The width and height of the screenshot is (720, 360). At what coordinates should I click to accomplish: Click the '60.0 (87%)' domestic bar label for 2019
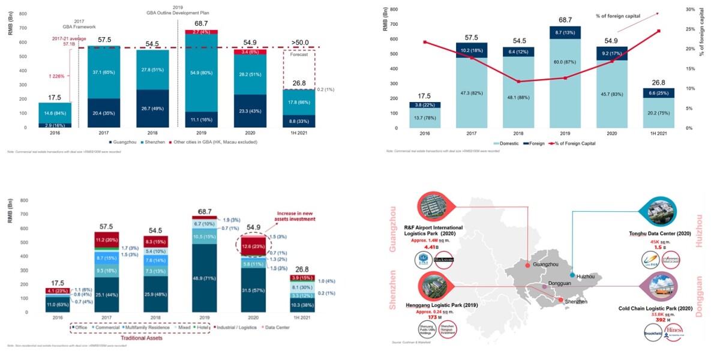point(563,78)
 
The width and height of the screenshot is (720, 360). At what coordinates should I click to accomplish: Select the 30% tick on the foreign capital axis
point(690,10)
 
